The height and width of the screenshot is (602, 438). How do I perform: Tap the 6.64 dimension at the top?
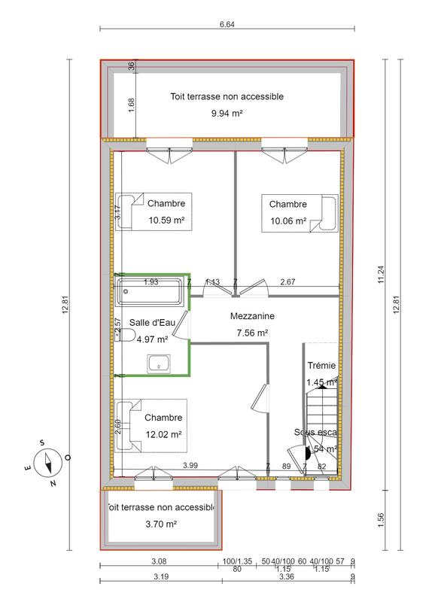coord(227,24)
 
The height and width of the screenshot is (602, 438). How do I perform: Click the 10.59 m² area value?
coord(166,220)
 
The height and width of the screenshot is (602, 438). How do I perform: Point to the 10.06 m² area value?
coord(288,220)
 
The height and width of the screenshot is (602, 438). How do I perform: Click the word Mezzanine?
coord(252,317)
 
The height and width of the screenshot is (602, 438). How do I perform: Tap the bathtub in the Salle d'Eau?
coord(149,291)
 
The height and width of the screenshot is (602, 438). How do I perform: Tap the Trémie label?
coord(321,366)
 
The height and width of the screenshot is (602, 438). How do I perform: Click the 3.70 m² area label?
coord(161,524)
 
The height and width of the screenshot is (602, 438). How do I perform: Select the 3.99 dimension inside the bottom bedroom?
coord(191,467)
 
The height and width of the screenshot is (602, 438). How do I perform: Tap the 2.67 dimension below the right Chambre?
coord(287,282)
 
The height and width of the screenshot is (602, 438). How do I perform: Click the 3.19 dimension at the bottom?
coord(159,578)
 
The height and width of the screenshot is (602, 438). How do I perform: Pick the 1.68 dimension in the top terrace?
coord(132,105)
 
